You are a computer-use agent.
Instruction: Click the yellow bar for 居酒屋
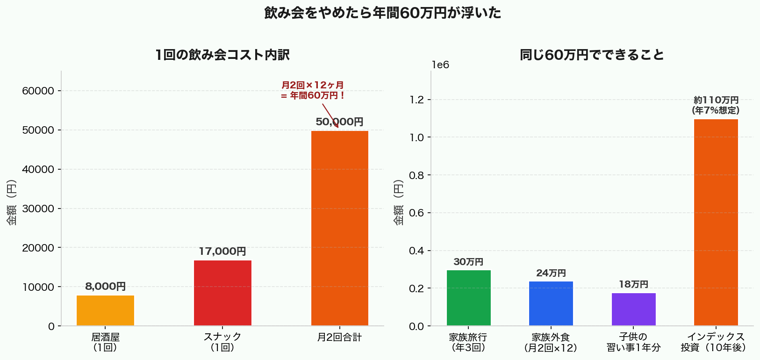coord(105,310)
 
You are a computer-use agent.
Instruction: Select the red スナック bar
coord(222,293)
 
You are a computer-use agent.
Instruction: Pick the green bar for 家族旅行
coord(469,298)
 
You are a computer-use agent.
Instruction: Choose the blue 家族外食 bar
coord(551,303)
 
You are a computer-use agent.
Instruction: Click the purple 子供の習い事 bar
coord(633,309)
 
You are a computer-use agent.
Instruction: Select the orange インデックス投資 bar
coord(716,223)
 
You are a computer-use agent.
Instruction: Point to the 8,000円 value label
coord(105,287)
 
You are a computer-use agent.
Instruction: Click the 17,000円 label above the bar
coord(222,252)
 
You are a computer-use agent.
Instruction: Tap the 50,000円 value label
coord(340,122)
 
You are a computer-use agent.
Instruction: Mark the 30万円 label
coord(469,262)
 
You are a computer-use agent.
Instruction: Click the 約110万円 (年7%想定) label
coord(716,105)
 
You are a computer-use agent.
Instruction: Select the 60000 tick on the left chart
coord(38,91)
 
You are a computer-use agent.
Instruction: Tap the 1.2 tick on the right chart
coord(416,100)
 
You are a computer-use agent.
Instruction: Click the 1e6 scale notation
coord(440,65)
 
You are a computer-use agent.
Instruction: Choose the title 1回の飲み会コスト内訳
coord(222,55)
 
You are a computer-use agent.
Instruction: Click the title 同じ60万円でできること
coord(592,55)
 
